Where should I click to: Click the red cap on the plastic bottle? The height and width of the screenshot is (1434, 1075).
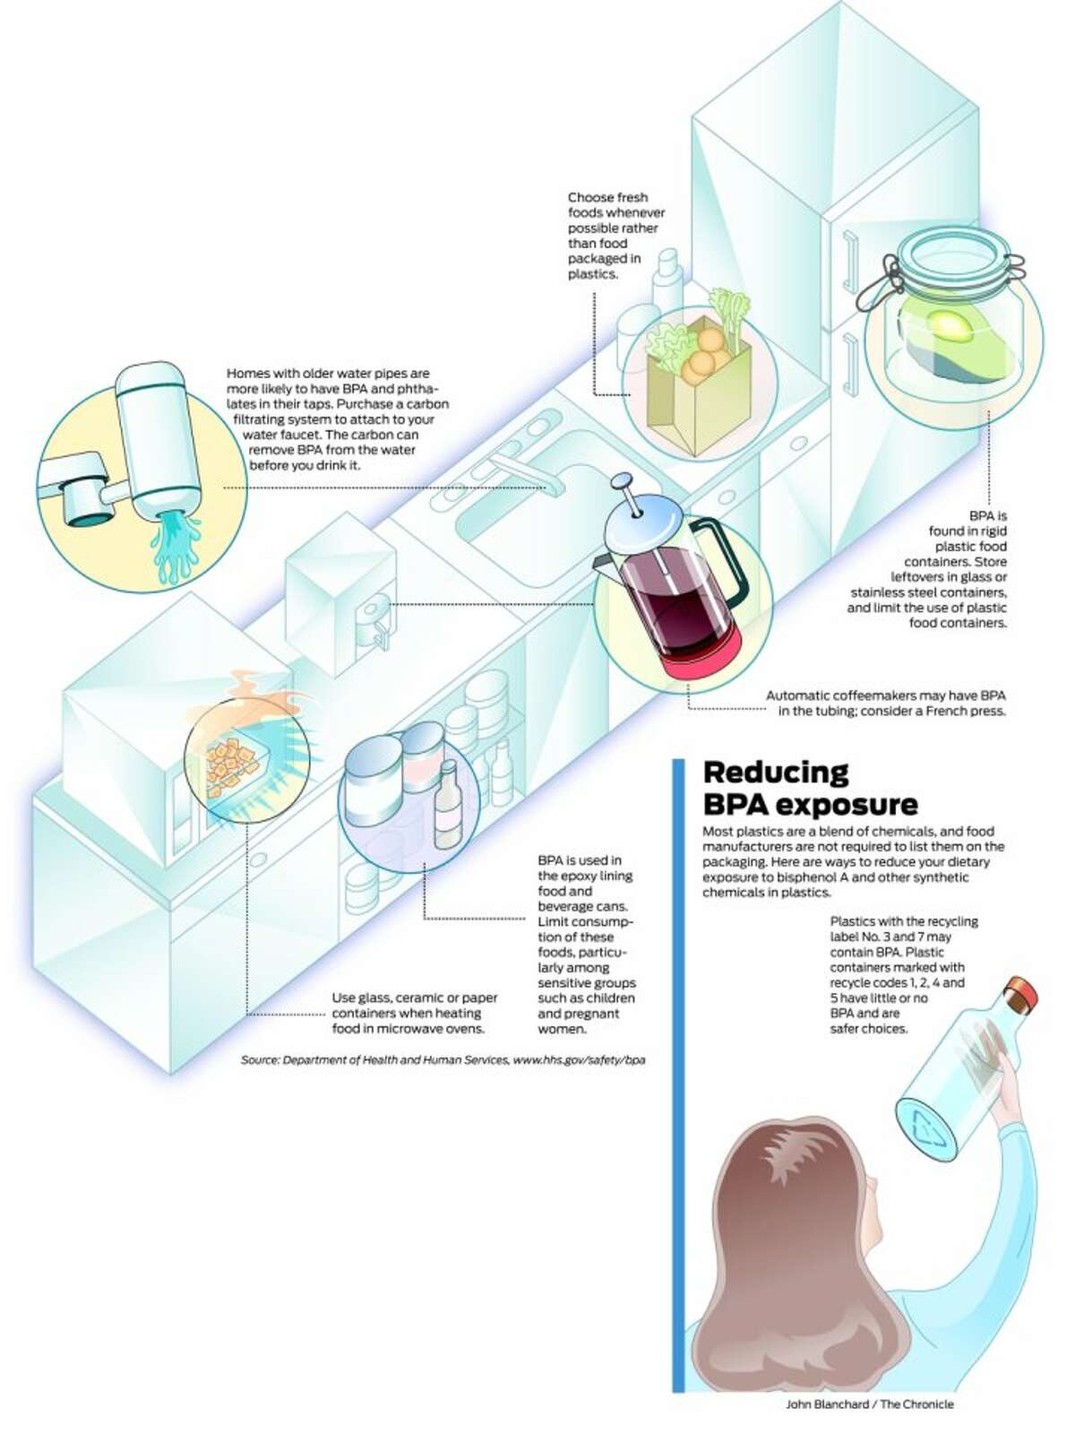pos(1022,993)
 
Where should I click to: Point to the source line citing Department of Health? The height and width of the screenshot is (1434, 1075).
pos(443,1059)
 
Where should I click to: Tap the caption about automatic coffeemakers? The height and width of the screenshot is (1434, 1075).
pos(886,703)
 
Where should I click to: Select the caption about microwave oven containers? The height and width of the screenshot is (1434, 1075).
pos(415,1013)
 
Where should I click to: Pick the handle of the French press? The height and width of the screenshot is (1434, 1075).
pos(723,565)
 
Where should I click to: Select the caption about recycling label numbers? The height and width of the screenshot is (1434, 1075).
pos(903,974)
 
